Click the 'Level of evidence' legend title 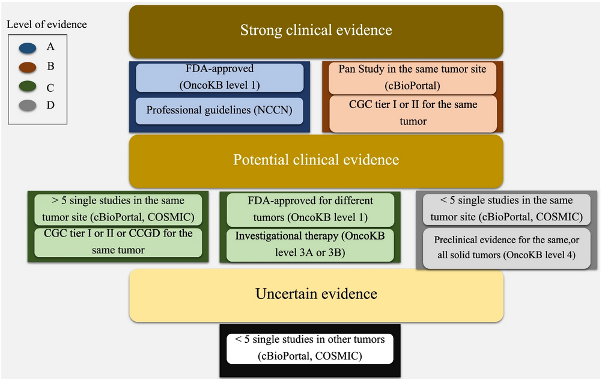coord(46,25)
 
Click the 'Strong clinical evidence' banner coord(315,31)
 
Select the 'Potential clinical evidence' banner coord(315,160)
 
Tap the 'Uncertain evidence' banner coord(315,294)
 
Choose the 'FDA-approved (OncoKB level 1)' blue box coord(219,77)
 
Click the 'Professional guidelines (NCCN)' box coord(219,110)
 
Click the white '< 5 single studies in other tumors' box coord(309,348)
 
